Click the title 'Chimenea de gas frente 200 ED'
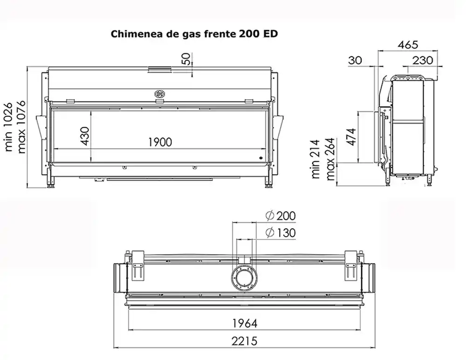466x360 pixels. tap(194, 34)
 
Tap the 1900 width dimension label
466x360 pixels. tap(160, 143)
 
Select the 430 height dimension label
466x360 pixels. tap(85, 136)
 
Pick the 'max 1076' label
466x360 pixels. tap(21, 128)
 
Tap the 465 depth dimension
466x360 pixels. tap(408, 45)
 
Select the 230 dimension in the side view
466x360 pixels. tap(423, 60)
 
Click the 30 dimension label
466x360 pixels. tap(355, 60)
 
